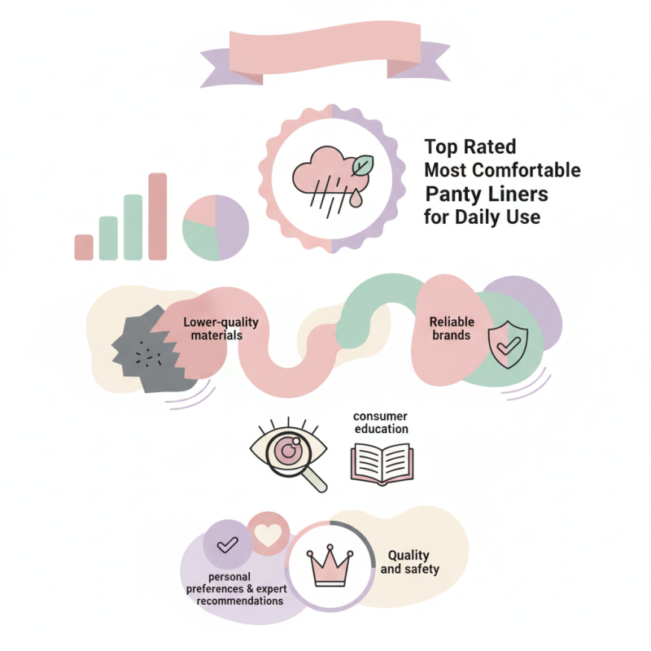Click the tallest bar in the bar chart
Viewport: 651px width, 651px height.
tap(158, 216)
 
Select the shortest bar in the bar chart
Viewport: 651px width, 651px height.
tap(84, 247)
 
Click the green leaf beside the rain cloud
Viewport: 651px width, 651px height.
tap(362, 166)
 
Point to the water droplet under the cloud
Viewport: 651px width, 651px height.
tap(356, 198)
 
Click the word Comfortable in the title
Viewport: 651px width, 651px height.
tap(526, 170)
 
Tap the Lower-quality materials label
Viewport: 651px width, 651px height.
tap(221, 329)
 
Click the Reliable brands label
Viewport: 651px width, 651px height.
tap(452, 329)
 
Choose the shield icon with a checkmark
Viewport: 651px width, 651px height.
tap(508, 344)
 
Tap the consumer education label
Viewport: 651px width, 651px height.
tap(381, 422)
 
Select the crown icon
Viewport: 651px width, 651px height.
tap(330, 565)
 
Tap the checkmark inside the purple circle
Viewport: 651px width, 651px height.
tap(228, 544)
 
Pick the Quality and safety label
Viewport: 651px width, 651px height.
tap(410, 561)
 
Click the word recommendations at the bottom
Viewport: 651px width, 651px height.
tap(239, 601)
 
